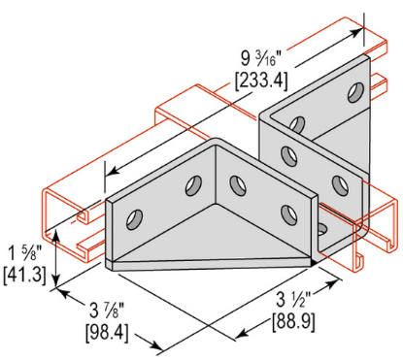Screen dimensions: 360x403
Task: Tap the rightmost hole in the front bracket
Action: pyautogui.click(x=286, y=212)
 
